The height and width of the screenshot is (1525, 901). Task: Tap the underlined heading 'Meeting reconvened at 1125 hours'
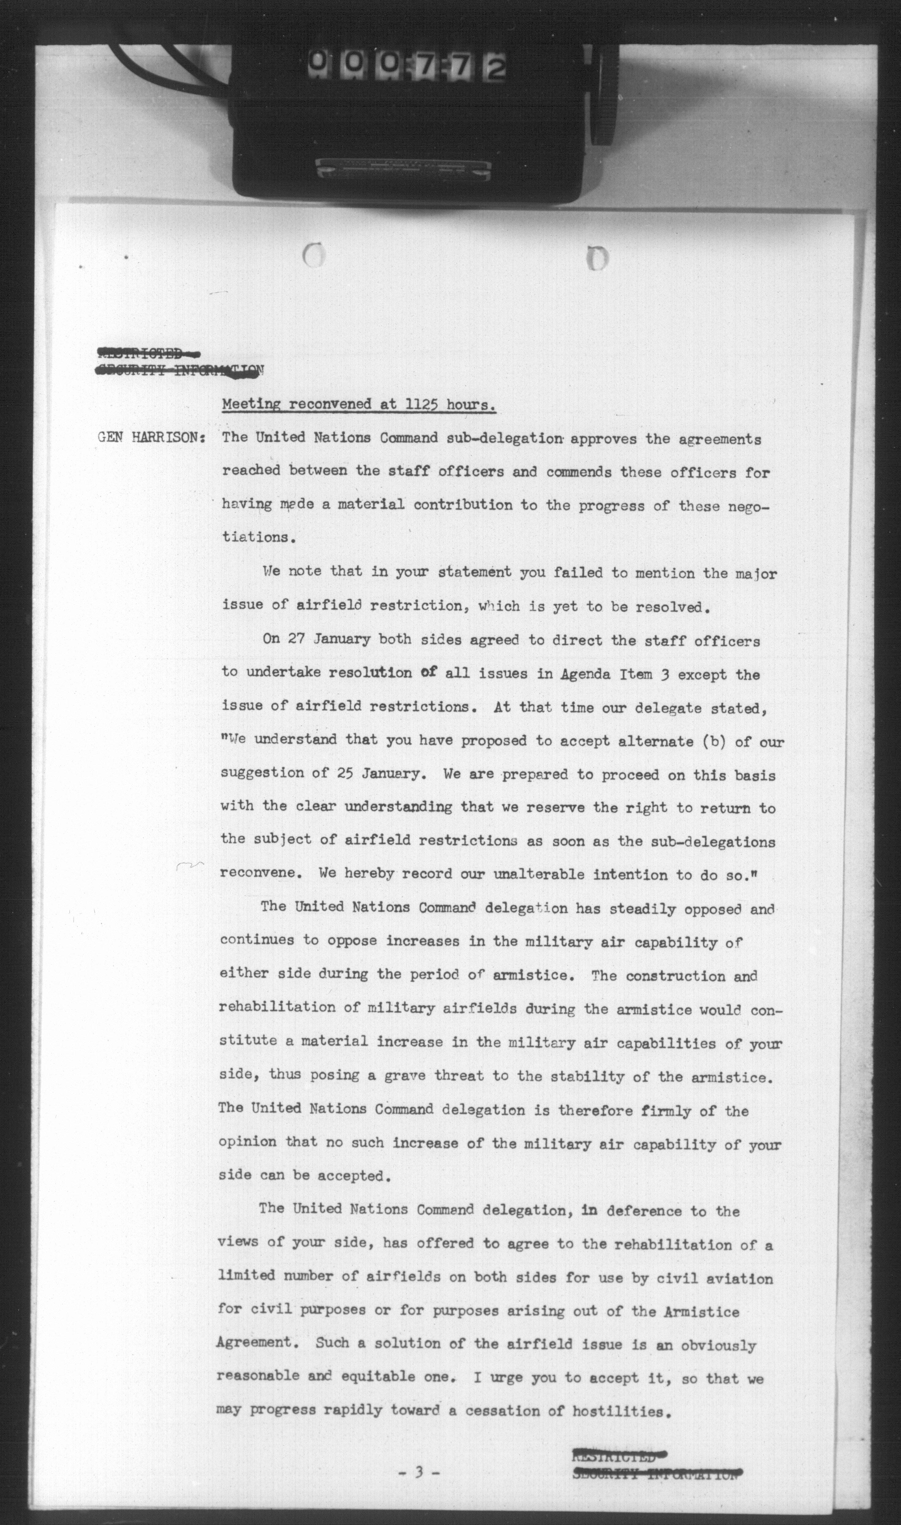[358, 405]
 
